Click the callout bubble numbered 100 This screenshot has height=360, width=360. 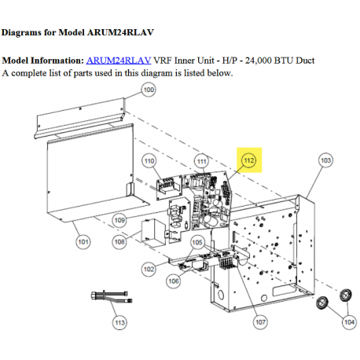pos(149,90)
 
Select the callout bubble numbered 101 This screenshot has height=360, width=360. pos(83,241)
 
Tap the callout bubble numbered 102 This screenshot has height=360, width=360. pos(149,269)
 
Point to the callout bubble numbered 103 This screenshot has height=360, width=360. pos(325,160)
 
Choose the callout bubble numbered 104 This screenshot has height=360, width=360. pos(349,322)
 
